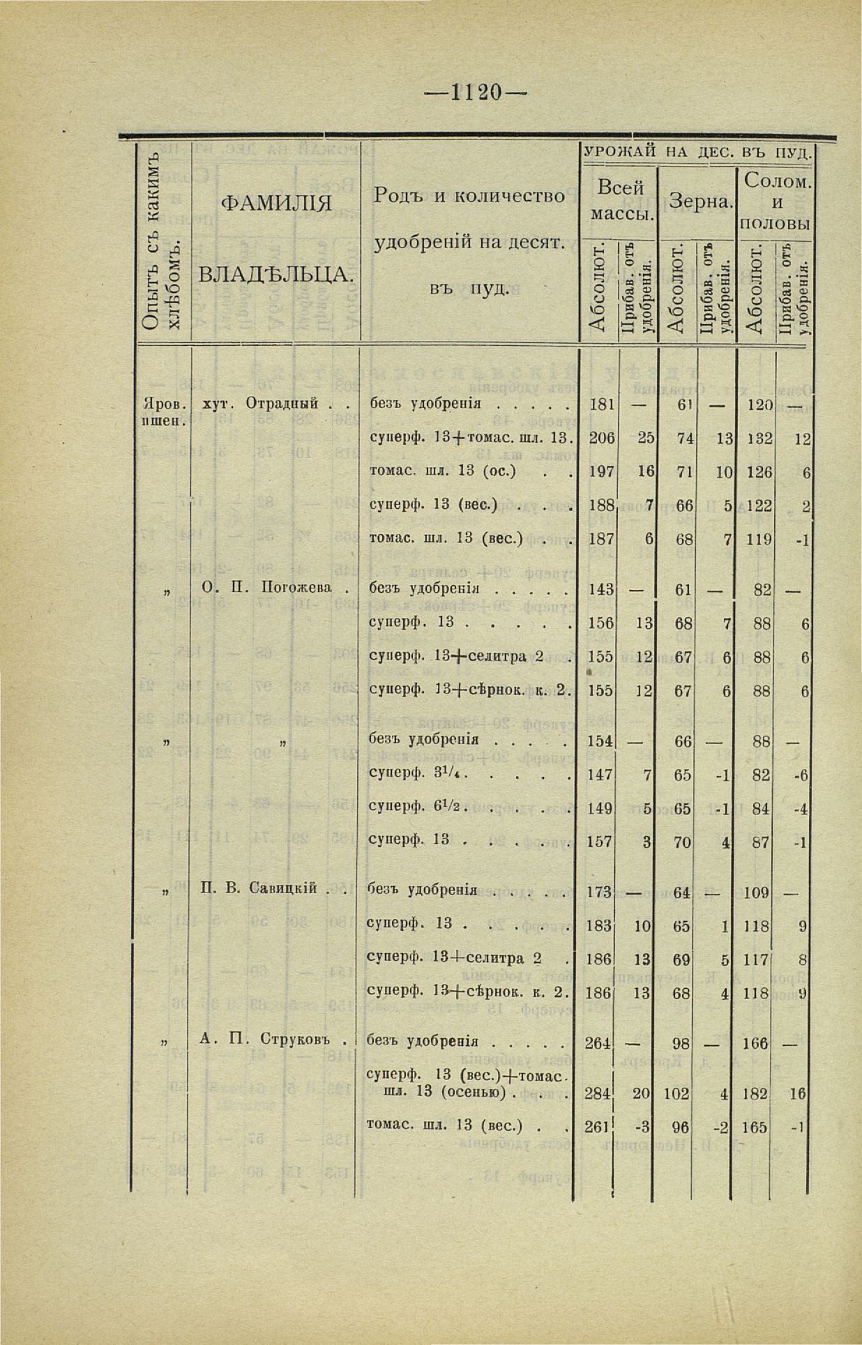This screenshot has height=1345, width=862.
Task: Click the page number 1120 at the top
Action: pyautogui.click(x=477, y=92)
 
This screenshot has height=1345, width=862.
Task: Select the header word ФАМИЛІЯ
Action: pyautogui.click(x=275, y=204)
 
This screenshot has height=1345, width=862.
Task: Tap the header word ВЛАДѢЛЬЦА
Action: pyautogui.click(x=275, y=273)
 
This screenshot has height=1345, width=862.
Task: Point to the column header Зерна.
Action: pyautogui.click(x=700, y=202)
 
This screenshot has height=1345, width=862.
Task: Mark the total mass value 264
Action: pyautogui.click(x=599, y=1044)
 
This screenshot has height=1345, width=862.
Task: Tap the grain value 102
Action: pyautogui.click(x=676, y=1094)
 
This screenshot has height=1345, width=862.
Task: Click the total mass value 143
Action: pyautogui.click(x=600, y=590)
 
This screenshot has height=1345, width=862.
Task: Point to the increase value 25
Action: pyautogui.click(x=645, y=438)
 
